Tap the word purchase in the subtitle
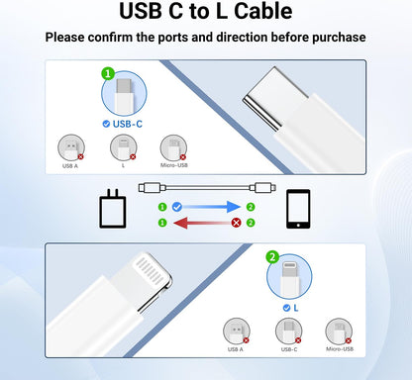tap(330, 37)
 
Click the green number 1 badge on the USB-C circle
tap(109, 72)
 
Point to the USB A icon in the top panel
tap(70, 147)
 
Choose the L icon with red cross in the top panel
tap(122, 147)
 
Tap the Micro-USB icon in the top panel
tap(173, 147)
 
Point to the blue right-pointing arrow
tap(205, 207)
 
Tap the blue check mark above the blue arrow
tap(175, 207)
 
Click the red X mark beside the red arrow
tap(236, 223)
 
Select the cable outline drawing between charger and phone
tap(205, 185)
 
